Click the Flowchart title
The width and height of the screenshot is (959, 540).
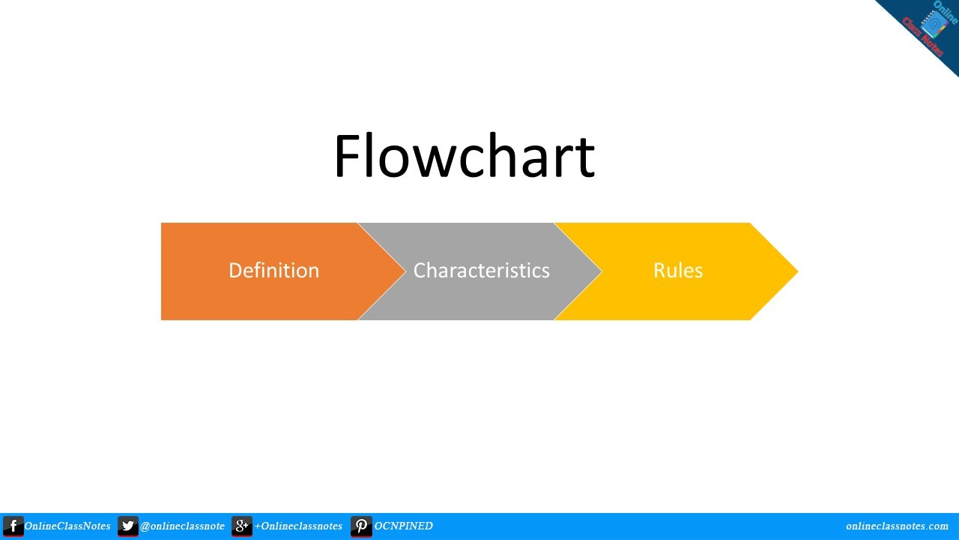(464, 157)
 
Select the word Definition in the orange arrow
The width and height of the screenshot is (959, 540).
(273, 270)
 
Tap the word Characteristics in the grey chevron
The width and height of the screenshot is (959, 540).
(481, 270)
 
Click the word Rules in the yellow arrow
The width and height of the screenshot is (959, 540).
(677, 270)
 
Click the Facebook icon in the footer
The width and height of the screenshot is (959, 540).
(13, 526)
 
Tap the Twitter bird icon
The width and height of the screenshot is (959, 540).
(128, 526)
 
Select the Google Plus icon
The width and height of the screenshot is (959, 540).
(242, 526)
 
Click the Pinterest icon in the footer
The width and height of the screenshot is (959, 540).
(361, 526)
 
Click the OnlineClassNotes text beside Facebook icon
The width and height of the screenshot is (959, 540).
(67, 526)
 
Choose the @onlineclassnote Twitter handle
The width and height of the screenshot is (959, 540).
(182, 526)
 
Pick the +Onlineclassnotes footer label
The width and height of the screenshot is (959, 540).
(298, 526)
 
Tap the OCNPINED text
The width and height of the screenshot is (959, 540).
(403, 526)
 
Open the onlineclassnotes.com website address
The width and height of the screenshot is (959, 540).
(897, 526)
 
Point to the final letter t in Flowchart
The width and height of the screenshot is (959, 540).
(586, 160)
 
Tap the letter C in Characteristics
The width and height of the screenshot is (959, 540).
(420, 270)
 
